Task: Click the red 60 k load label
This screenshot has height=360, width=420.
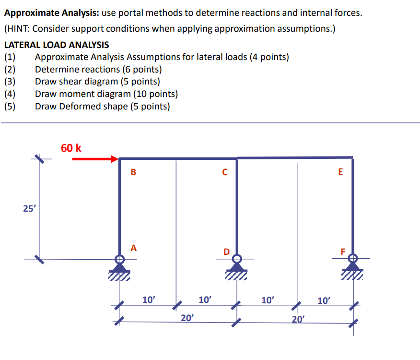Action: click(x=71, y=148)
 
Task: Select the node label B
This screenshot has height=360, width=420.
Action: click(x=133, y=172)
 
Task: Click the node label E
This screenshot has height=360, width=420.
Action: click(x=340, y=172)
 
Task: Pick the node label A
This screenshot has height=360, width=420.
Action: click(x=133, y=248)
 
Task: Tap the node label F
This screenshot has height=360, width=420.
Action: click(x=342, y=251)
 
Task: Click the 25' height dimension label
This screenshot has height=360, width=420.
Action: click(x=28, y=208)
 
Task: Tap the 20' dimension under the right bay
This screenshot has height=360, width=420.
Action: click(x=297, y=318)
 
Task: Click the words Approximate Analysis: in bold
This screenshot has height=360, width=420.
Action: click(x=51, y=12)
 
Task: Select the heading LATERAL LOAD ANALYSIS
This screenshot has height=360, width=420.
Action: click(x=57, y=45)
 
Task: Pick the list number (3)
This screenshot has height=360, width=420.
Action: click(x=10, y=82)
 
